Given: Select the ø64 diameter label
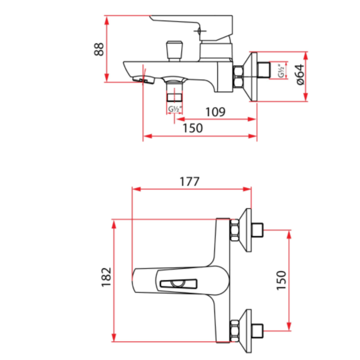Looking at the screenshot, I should (298, 73).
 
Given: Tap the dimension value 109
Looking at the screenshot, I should (215, 111).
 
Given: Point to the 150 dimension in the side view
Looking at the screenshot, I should (193, 128).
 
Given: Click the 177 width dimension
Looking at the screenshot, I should (189, 181).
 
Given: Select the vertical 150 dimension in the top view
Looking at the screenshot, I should (280, 280).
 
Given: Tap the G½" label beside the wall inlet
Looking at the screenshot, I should (282, 72).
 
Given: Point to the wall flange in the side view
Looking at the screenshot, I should (251, 77).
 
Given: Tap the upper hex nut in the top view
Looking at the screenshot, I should (236, 230).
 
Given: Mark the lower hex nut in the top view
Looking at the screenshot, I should (236, 330).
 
